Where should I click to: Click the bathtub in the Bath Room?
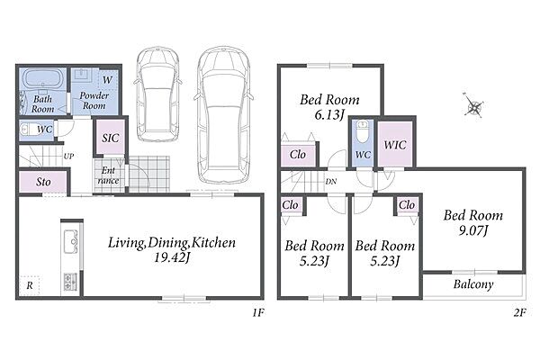[42, 79]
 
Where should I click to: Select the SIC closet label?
[111, 138]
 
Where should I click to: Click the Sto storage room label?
[43, 182]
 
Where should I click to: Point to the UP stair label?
[68, 156]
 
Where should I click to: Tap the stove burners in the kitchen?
[70, 281]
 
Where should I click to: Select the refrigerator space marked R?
[30, 285]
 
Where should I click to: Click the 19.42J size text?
[172, 257]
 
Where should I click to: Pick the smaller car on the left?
[157, 94]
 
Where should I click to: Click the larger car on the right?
[224, 114]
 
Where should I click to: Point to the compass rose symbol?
[473, 106]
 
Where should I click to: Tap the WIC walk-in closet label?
[395, 145]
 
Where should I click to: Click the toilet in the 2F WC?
[362, 131]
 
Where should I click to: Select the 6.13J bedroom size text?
[329, 114]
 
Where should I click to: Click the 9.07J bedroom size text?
[473, 230]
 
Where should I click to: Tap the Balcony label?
[473, 284]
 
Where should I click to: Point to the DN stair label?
[331, 182]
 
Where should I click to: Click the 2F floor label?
[520, 312]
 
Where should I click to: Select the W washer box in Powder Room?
[107, 80]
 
